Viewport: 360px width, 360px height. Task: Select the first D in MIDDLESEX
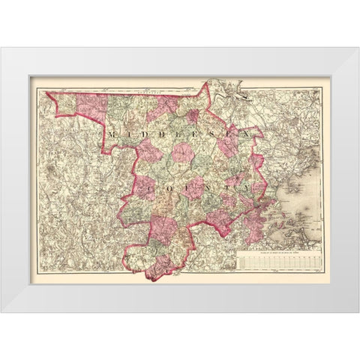142,132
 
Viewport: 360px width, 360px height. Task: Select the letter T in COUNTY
223,181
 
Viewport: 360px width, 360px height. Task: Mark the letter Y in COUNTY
241,181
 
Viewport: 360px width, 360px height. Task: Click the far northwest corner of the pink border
46,92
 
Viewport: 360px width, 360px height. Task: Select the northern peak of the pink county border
205,82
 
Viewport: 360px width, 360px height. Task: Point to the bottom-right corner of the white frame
358,312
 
